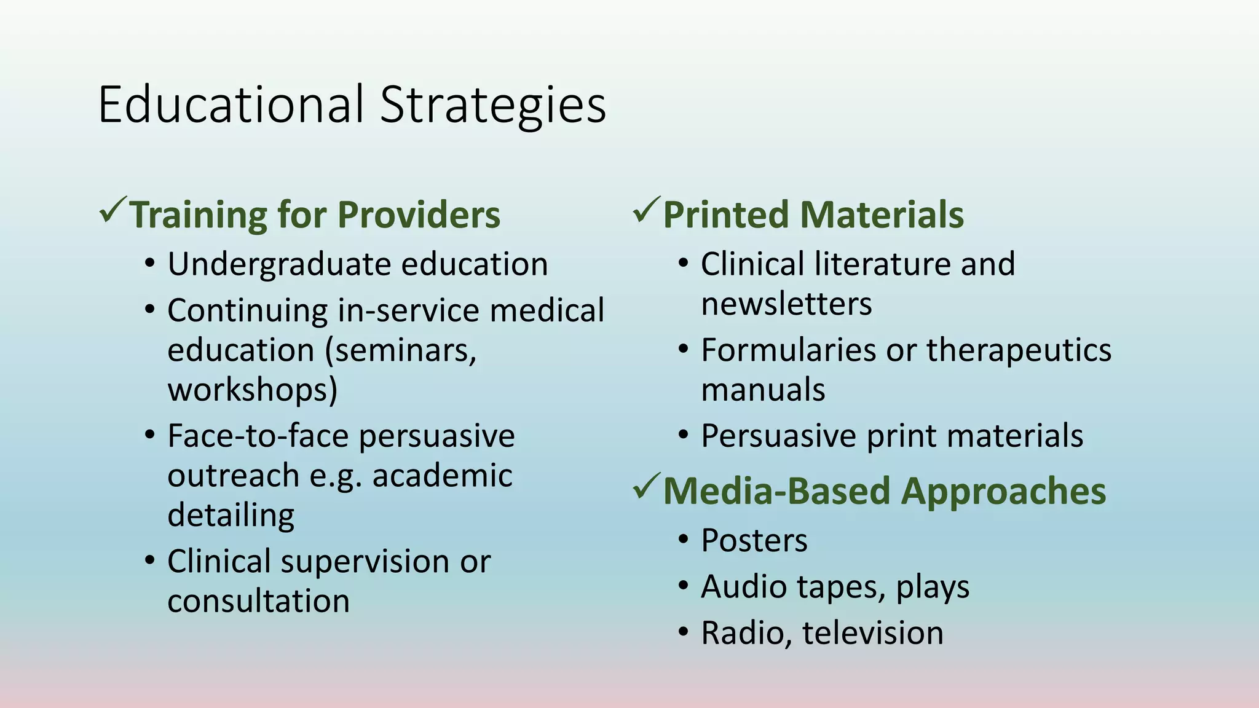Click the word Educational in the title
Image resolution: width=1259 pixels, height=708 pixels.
[231, 104]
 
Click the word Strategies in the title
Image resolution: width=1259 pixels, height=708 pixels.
[493, 106]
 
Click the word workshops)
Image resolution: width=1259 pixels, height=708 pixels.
[253, 390]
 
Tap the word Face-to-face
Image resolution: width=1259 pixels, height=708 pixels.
[258, 436]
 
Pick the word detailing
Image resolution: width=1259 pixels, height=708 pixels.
[231, 515]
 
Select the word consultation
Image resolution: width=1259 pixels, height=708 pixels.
[258, 600]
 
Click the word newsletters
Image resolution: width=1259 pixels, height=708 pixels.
[786, 304]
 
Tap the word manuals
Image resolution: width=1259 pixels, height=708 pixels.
[763, 390]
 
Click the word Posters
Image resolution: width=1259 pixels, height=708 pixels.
[754, 541]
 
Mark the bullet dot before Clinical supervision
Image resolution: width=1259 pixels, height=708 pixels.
[150, 560]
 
